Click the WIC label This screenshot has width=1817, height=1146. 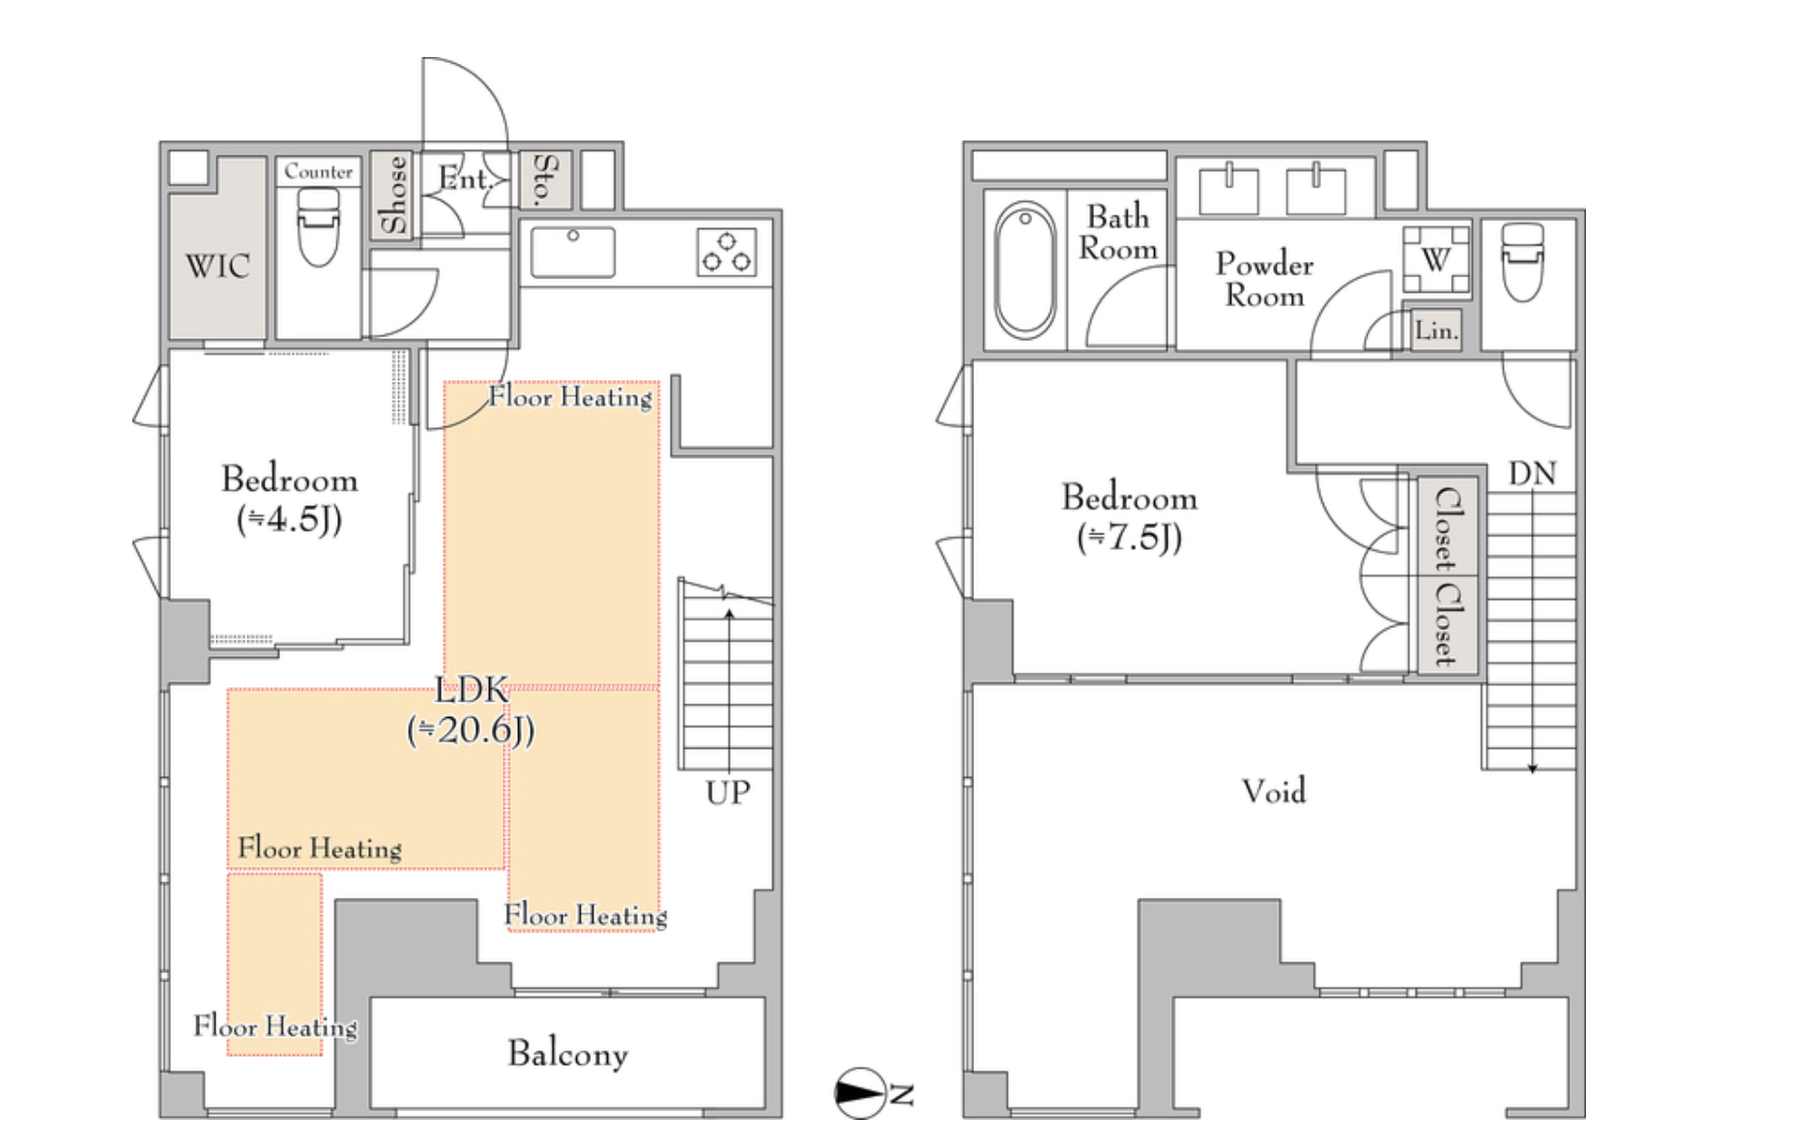[217, 266]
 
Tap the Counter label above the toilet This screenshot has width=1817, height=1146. [318, 172]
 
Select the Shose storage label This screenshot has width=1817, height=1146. [392, 195]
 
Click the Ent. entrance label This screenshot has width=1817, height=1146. [466, 179]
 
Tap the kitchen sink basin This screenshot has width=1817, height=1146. [572, 252]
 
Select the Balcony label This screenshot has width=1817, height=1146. [567, 1053]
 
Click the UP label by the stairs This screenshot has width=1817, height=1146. [728, 792]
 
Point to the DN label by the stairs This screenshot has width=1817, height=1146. [1532, 473]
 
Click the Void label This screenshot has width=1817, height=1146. [1274, 791]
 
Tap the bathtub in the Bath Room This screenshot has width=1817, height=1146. [1025, 270]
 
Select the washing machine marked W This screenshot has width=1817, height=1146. [1436, 259]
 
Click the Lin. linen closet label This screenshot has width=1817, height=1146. [1436, 330]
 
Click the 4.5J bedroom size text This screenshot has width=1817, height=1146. [289, 520]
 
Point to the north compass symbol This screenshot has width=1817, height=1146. [860, 1094]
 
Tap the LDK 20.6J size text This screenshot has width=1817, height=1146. [471, 730]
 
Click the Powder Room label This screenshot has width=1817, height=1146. [1264, 279]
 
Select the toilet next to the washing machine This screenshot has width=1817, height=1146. [1522, 261]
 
